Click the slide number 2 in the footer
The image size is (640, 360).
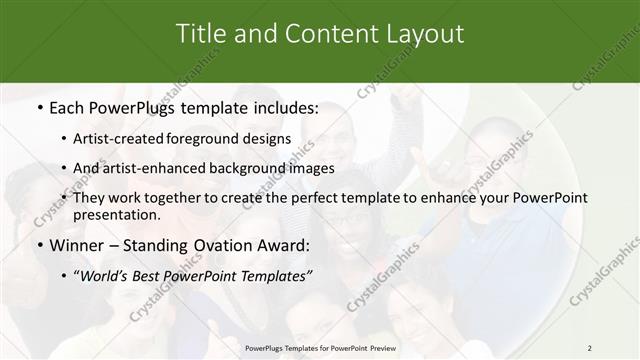click(589, 347)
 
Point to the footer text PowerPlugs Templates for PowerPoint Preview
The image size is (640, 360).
click(320, 347)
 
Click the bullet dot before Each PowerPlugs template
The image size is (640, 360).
click(39, 106)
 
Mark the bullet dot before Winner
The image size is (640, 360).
click(39, 245)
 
